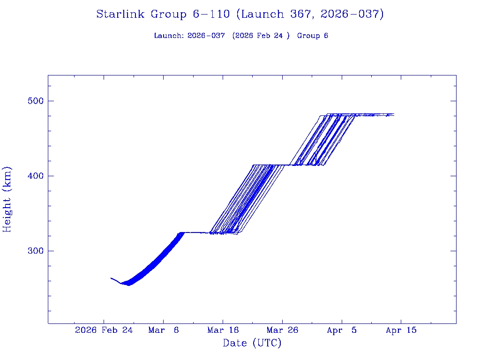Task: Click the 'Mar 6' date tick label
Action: click(163, 330)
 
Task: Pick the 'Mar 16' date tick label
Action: click(223, 330)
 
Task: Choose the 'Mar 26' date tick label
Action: click(282, 330)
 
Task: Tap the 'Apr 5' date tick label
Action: click(342, 330)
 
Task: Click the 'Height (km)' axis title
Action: click(7, 199)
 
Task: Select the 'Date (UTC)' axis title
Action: click(252, 343)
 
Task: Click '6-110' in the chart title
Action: click(211, 15)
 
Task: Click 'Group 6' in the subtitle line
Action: click(312, 36)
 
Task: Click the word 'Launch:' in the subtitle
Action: click(169, 36)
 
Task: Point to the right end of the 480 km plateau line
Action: click(394, 114)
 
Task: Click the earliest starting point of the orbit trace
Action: click(111, 278)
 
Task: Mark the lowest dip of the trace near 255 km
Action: click(127, 285)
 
